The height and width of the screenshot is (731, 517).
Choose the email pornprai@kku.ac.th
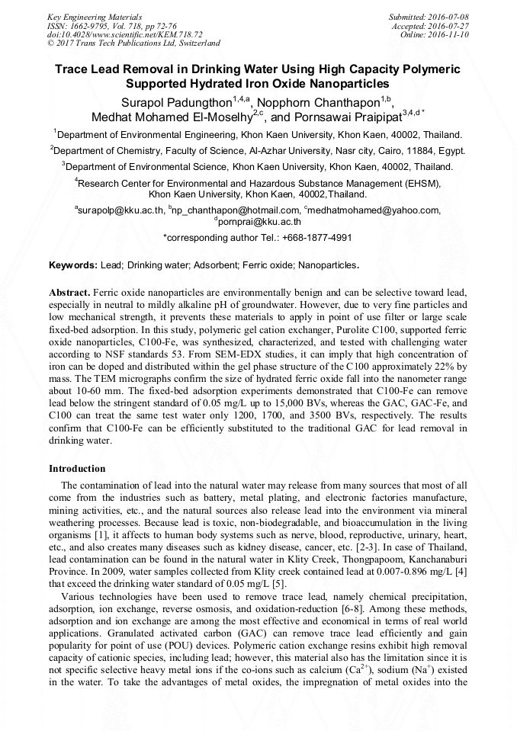point(260,222)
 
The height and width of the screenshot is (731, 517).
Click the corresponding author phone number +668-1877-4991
point(316,238)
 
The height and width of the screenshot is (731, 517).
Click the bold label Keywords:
point(73,265)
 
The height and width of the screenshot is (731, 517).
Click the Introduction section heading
point(77,469)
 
